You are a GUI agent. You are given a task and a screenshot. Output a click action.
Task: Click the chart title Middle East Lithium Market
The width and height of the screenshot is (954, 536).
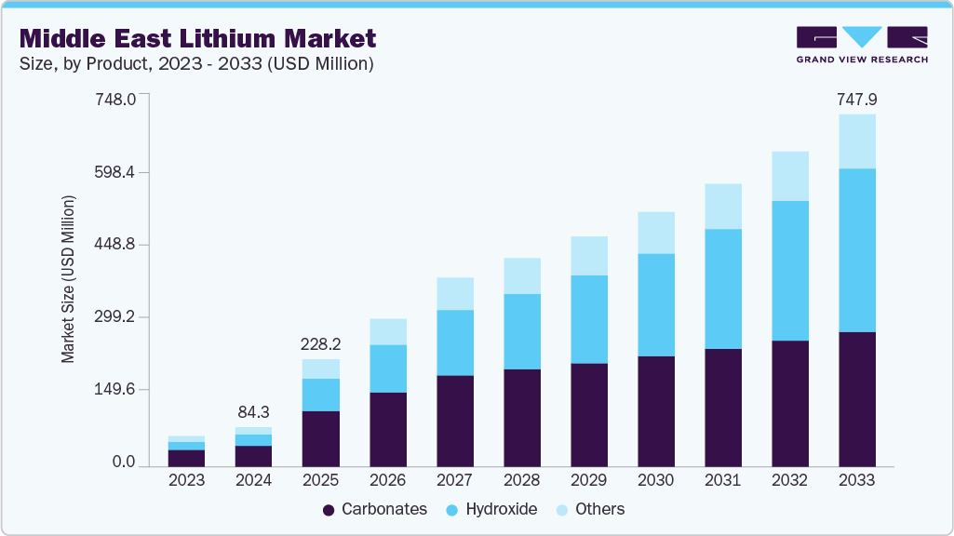click(x=197, y=38)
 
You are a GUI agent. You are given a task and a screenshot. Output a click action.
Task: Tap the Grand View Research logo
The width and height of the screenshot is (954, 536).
click(x=861, y=45)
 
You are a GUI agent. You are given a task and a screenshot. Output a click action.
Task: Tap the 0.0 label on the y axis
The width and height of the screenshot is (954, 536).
click(x=124, y=462)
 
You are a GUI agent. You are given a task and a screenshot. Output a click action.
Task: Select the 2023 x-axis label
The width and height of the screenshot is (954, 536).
click(x=186, y=481)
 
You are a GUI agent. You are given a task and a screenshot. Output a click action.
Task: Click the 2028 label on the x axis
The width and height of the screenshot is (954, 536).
click(x=521, y=481)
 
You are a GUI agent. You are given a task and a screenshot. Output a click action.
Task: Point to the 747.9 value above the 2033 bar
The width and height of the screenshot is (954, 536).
click(x=856, y=100)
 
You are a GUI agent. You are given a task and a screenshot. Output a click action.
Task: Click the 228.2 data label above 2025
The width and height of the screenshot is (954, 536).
click(x=320, y=344)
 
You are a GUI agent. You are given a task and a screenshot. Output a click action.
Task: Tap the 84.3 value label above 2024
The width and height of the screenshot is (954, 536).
click(x=253, y=412)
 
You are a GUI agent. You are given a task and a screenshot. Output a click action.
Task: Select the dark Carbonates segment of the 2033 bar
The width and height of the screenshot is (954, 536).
click(x=856, y=399)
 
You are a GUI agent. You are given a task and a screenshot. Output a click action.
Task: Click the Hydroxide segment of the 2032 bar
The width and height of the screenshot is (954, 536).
click(x=789, y=271)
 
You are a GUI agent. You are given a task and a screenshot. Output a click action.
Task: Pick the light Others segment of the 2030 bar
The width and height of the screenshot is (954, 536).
click(x=655, y=233)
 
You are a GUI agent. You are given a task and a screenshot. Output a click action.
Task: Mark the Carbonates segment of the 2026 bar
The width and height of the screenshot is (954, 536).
click(x=387, y=429)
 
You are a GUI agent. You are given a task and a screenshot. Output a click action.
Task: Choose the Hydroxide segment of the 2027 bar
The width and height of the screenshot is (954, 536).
click(x=454, y=342)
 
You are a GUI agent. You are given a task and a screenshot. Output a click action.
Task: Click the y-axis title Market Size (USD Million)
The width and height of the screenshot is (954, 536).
click(x=68, y=279)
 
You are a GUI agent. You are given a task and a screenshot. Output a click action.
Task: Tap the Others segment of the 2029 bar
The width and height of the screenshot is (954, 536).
click(x=588, y=256)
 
